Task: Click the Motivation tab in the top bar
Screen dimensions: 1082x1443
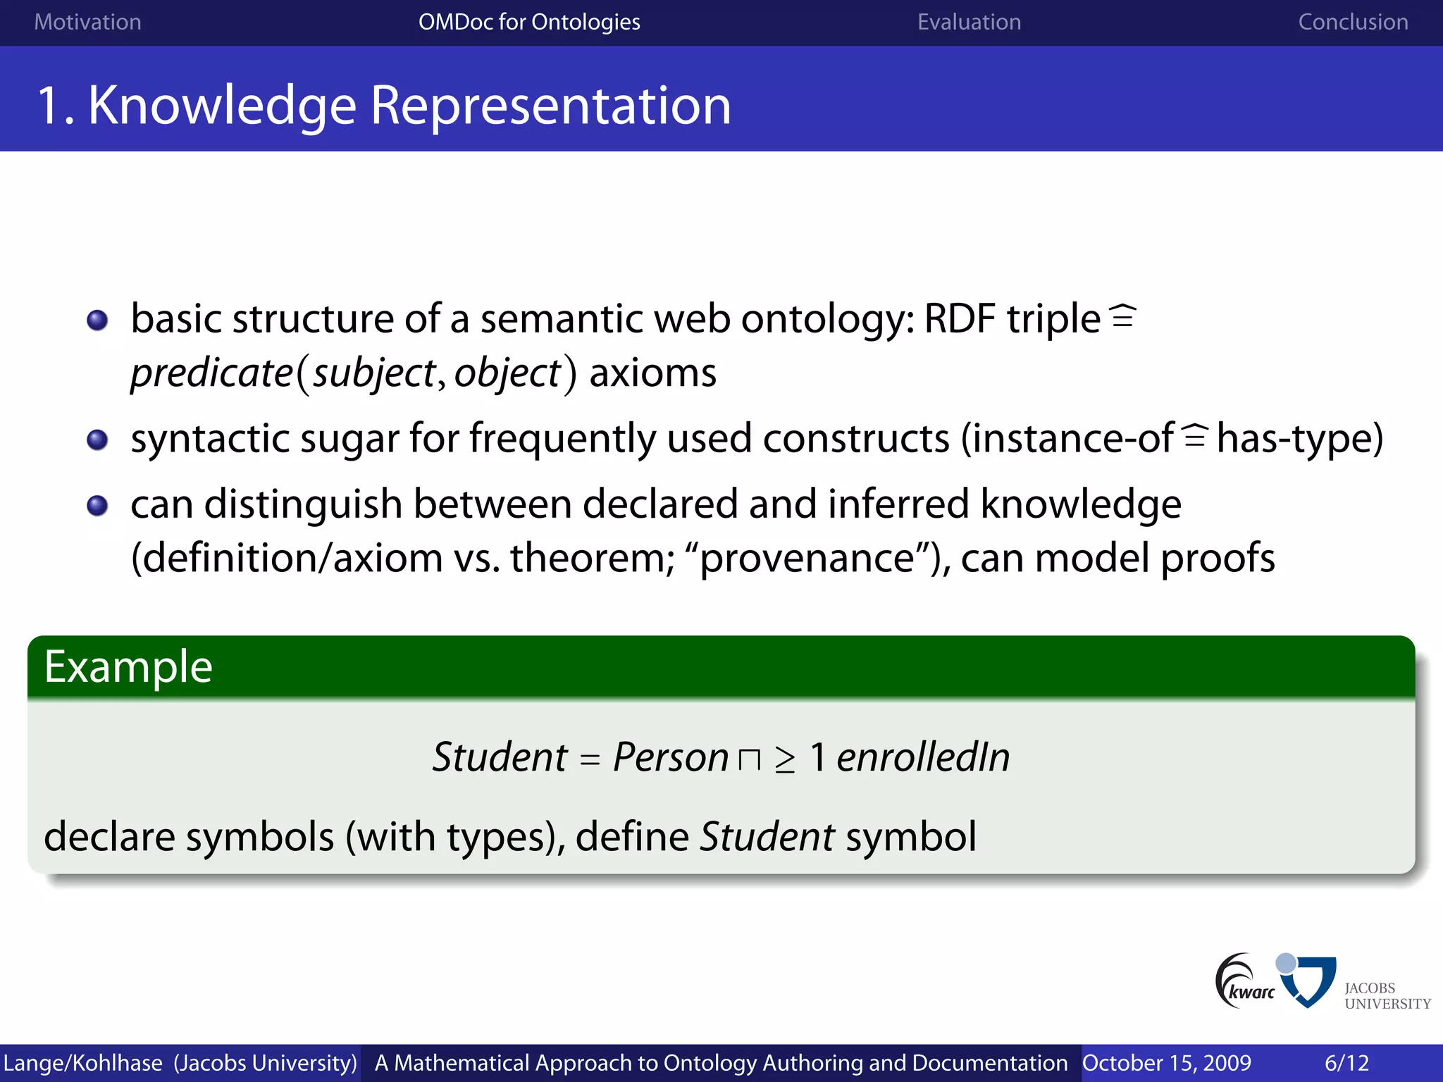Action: click(87, 22)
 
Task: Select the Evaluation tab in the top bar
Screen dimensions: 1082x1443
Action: click(969, 22)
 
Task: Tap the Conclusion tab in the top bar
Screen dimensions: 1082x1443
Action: click(1353, 22)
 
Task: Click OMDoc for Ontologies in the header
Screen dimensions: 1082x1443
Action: click(529, 22)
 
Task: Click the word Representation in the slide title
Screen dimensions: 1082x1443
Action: click(550, 106)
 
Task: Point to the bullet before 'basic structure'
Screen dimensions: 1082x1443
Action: click(97, 321)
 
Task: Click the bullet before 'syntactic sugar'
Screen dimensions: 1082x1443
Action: click(97, 440)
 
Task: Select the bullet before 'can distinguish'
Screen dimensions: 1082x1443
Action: click(97, 506)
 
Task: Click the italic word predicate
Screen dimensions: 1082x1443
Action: click(211, 373)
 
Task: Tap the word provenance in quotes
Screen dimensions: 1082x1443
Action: click(807, 558)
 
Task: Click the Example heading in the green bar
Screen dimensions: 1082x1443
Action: click(128, 666)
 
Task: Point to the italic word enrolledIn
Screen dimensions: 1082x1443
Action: click(923, 757)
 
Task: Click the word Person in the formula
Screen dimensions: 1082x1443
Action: click(670, 757)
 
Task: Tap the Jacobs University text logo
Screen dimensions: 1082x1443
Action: click(1387, 995)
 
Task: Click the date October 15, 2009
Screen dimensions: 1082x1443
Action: click(1167, 1062)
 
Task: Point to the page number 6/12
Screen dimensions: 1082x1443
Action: click(1346, 1062)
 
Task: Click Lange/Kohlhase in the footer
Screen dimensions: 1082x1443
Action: click(82, 1062)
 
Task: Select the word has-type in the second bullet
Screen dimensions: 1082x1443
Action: click(1299, 438)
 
